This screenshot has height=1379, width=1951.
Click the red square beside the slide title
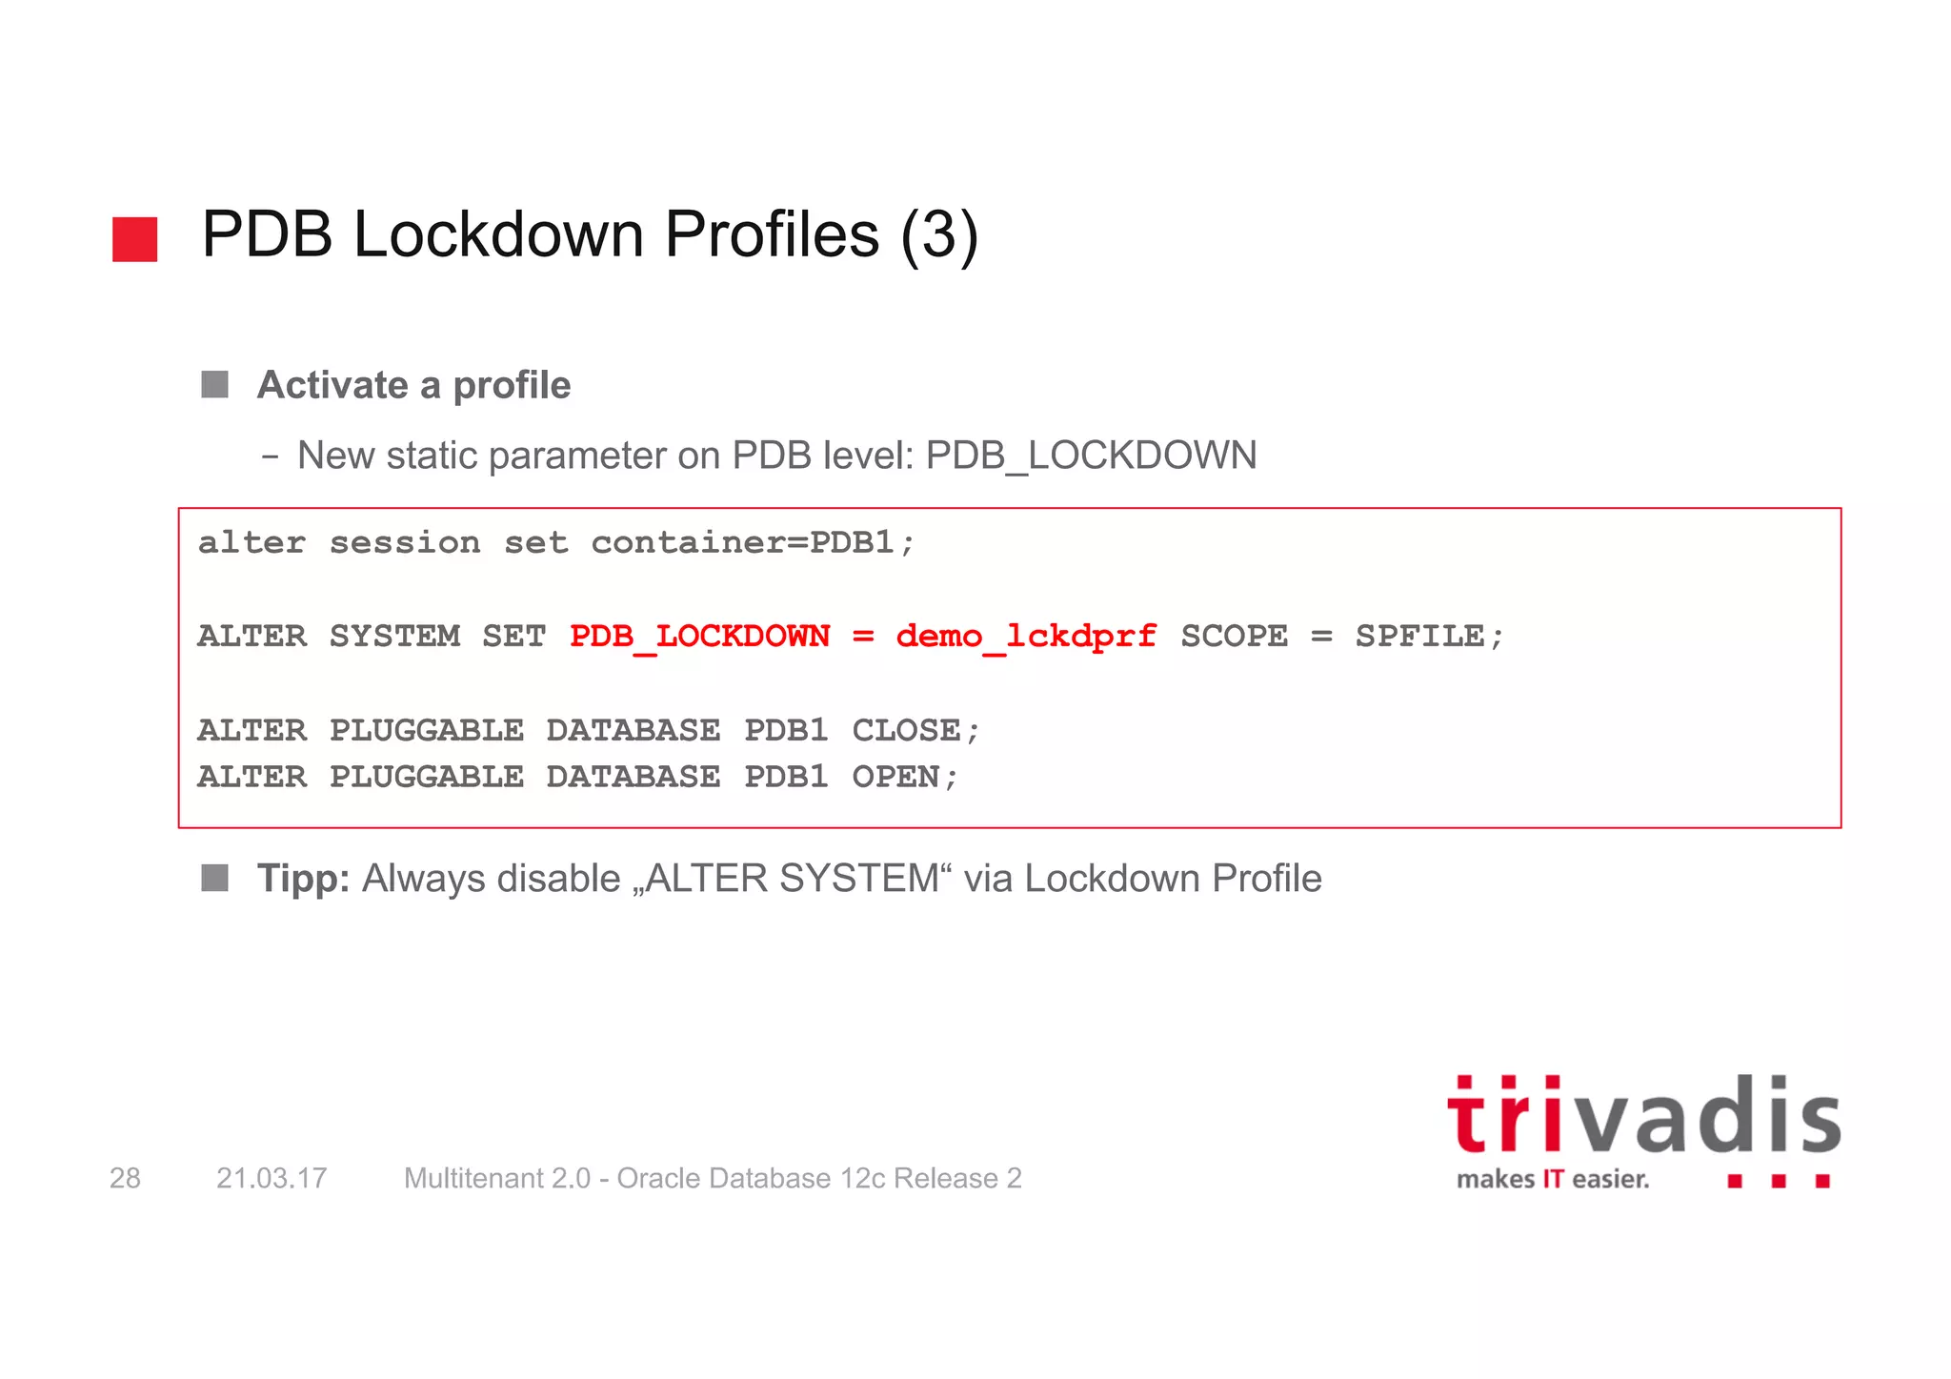click(x=134, y=238)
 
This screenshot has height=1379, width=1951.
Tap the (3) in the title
click(x=939, y=235)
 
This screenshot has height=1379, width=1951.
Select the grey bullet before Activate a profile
click(x=215, y=385)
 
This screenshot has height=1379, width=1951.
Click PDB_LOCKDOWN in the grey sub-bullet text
click(x=1091, y=456)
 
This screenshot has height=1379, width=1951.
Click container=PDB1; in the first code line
click(x=753, y=542)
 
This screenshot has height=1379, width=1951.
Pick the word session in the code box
click(x=405, y=542)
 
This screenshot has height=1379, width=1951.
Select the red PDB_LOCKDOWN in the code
click(x=699, y=636)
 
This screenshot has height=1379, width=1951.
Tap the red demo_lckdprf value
click(x=1026, y=636)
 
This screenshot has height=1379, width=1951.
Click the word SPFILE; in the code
click(x=1429, y=636)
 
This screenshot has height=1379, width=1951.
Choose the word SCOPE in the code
click(x=1234, y=636)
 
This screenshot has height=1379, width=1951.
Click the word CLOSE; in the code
click(x=915, y=730)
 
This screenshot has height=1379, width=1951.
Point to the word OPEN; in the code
click(x=905, y=777)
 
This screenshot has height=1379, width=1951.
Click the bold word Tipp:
click(x=304, y=879)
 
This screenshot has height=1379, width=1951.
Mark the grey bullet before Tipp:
click(x=215, y=878)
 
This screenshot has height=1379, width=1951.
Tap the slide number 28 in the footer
click(x=125, y=1178)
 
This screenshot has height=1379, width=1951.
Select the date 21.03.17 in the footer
click(x=272, y=1178)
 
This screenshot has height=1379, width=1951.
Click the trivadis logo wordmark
click(x=1643, y=1117)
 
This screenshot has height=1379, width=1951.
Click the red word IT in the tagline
click(x=1553, y=1180)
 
